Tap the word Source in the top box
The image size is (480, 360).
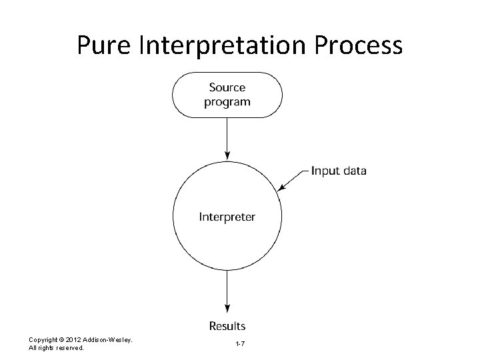click(227, 87)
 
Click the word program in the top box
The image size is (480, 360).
click(227, 102)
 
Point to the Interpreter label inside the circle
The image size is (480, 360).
click(227, 217)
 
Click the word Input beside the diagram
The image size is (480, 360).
click(325, 171)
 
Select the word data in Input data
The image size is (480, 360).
click(354, 171)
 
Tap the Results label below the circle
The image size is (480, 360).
click(227, 326)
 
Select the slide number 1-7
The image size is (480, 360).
click(240, 343)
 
